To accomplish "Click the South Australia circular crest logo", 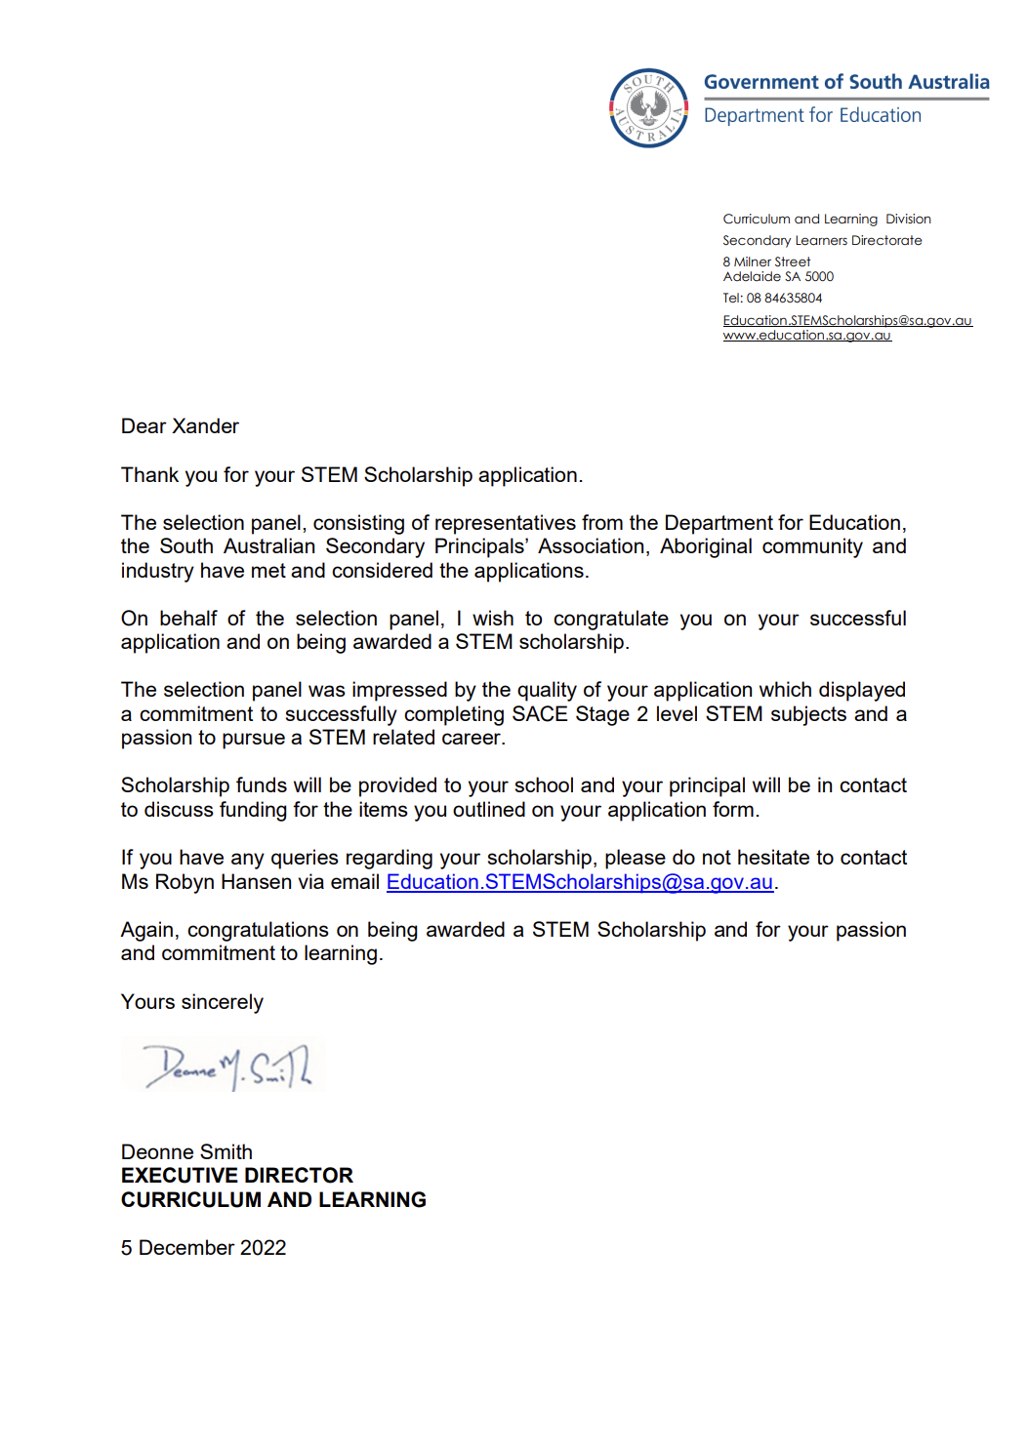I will click(648, 108).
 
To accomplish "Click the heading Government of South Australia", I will click(845, 82).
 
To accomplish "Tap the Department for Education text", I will click(811, 115).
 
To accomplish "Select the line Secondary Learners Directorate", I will click(821, 240).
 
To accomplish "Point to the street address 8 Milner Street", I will click(765, 261).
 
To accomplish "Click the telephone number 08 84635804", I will click(784, 298).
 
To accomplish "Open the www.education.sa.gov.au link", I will click(806, 336).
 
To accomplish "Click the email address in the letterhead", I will click(846, 320).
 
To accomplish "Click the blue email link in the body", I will click(579, 882).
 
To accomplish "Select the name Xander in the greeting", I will click(206, 426).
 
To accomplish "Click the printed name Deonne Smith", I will click(186, 1152).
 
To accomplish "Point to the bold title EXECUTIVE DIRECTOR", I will click(236, 1176).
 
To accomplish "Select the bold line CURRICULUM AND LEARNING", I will click(273, 1200).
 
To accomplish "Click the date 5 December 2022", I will click(203, 1248).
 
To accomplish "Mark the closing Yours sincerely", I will click(191, 1002).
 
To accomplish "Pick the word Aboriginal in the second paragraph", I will click(706, 546).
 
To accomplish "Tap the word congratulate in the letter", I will click(610, 619).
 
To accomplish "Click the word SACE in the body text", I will click(539, 714).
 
